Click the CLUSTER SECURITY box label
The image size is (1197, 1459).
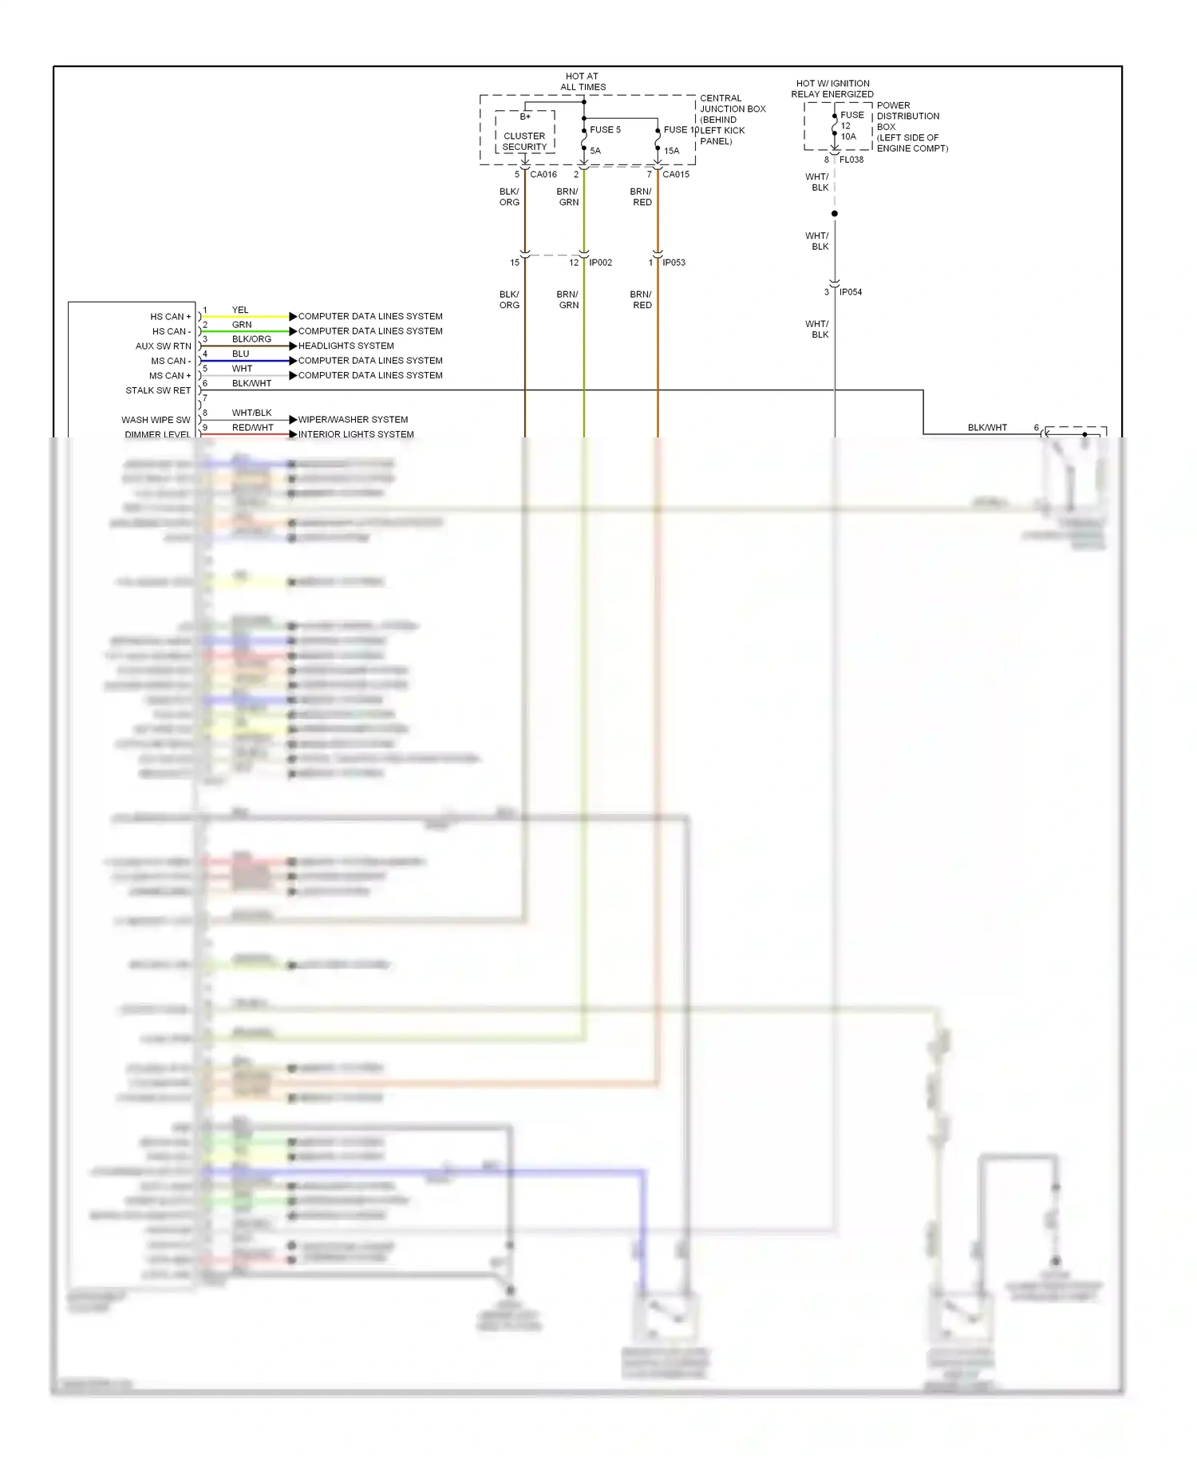(x=524, y=141)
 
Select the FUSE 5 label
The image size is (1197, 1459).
(x=605, y=129)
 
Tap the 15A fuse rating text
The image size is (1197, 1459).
(x=672, y=151)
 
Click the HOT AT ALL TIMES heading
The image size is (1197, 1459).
(x=583, y=81)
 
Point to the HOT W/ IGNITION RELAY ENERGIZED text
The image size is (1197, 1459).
(x=832, y=89)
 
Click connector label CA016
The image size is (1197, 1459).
(x=543, y=174)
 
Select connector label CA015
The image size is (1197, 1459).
(x=676, y=174)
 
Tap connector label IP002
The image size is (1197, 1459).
(x=600, y=263)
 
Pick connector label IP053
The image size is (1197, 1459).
(x=674, y=263)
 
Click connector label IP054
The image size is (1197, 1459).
(x=851, y=292)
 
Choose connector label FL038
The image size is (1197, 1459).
(x=851, y=160)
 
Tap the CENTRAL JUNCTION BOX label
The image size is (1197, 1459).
(x=732, y=120)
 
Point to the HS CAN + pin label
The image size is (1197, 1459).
(x=170, y=317)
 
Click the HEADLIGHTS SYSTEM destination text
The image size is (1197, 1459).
(x=346, y=346)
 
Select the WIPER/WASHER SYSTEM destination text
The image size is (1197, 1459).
(x=353, y=419)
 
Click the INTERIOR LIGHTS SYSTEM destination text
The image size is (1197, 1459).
(x=356, y=434)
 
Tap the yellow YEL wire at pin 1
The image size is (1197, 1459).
(x=247, y=317)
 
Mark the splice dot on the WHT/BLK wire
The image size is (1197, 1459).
(x=835, y=214)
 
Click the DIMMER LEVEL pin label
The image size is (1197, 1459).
(x=157, y=434)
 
